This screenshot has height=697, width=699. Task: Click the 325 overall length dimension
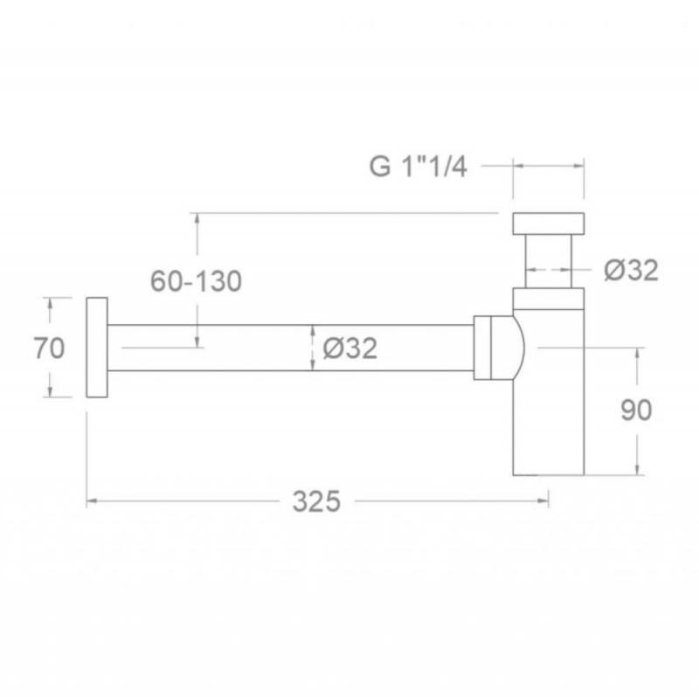click(x=316, y=501)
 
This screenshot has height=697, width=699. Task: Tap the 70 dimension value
click(x=49, y=348)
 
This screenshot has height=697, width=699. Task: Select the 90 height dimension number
click(x=636, y=410)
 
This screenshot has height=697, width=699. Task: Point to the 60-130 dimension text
click(x=196, y=281)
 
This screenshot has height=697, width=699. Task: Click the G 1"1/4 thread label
click(x=419, y=167)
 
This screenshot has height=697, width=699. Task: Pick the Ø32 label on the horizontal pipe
click(x=350, y=348)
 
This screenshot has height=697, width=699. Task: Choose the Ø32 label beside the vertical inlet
click(x=631, y=270)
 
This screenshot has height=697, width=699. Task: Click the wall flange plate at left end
click(x=97, y=347)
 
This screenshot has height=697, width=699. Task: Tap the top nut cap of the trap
click(x=549, y=224)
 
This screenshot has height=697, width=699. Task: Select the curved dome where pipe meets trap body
click(x=519, y=348)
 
